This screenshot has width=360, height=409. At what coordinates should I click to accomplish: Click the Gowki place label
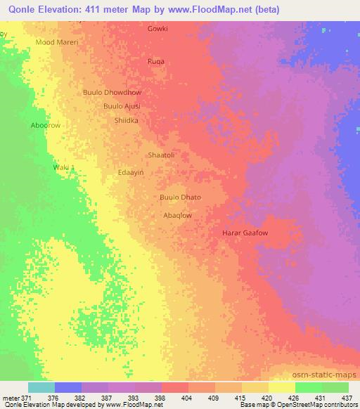157,30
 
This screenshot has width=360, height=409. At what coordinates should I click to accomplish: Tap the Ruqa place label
156,62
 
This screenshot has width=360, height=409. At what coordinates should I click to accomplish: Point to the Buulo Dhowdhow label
112,92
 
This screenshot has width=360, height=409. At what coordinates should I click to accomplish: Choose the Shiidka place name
126,121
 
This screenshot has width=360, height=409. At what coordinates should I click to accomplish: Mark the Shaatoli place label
160,155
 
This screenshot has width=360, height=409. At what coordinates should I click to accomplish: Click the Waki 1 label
64,167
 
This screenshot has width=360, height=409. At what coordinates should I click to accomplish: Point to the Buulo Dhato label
181,198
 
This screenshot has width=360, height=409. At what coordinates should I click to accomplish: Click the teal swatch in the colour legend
41,387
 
